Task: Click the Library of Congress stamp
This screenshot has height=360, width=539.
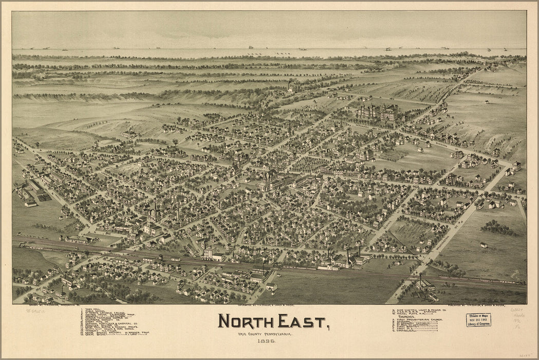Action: pos(478,320)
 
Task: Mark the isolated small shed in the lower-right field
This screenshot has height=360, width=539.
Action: pos(484,245)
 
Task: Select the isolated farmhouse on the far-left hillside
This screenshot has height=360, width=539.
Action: pos(131,134)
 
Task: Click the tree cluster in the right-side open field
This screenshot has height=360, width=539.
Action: pos(498,227)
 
